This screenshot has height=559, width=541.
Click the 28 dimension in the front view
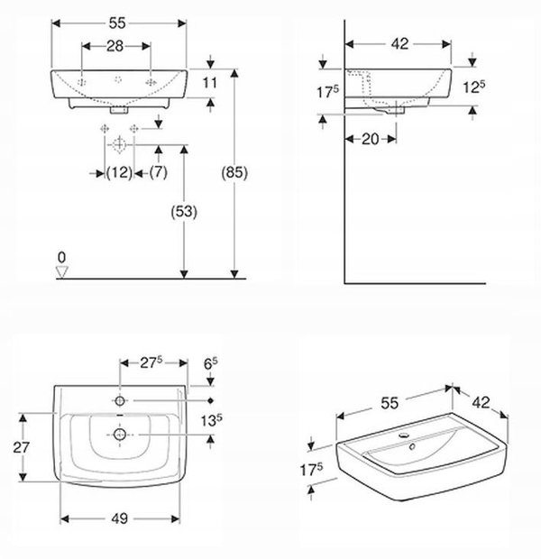pyautogui.click(x=115, y=46)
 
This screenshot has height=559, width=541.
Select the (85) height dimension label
pyautogui.click(x=234, y=172)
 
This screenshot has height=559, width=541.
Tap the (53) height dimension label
pyautogui.click(x=184, y=212)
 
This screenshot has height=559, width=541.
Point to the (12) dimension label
pyautogui.click(x=119, y=172)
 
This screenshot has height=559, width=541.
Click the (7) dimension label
pyautogui.click(x=159, y=172)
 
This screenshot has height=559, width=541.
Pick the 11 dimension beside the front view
pyautogui.click(x=210, y=83)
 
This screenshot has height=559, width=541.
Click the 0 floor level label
pyautogui.click(x=61, y=257)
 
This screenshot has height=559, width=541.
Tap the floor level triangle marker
pyautogui.click(x=62, y=272)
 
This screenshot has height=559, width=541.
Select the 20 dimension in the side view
pyautogui.click(x=371, y=139)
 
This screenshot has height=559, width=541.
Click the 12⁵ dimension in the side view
pyautogui.click(x=473, y=87)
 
